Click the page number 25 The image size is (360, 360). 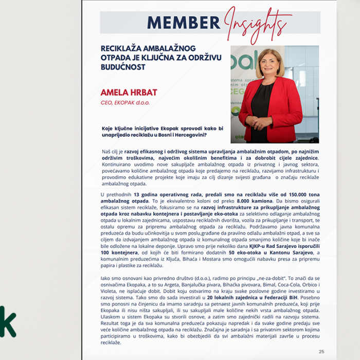[x=321, y=352]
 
